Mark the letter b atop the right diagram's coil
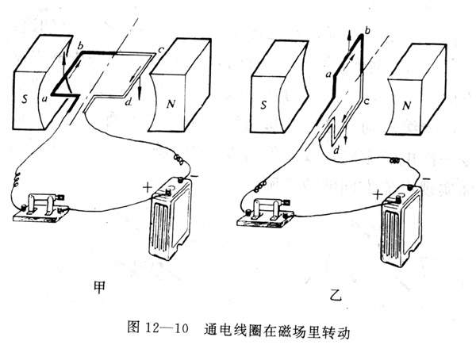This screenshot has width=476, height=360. coord(366,29)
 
